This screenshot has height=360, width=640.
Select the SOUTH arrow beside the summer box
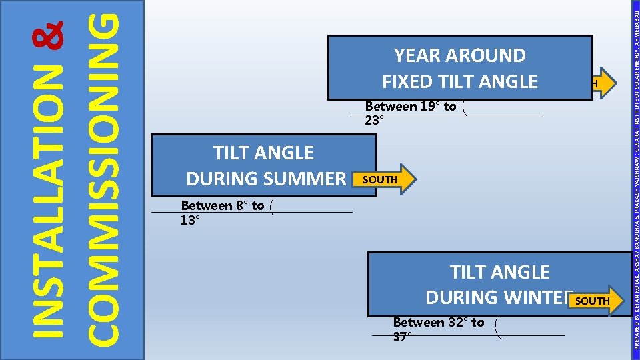[x=385, y=179]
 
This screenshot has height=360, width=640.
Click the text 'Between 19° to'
[x=411, y=107]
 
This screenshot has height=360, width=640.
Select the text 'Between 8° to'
[x=223, y=206]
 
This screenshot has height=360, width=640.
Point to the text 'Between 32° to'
[x=439, y=323]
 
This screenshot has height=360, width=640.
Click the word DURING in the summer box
[x=219, y=179]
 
